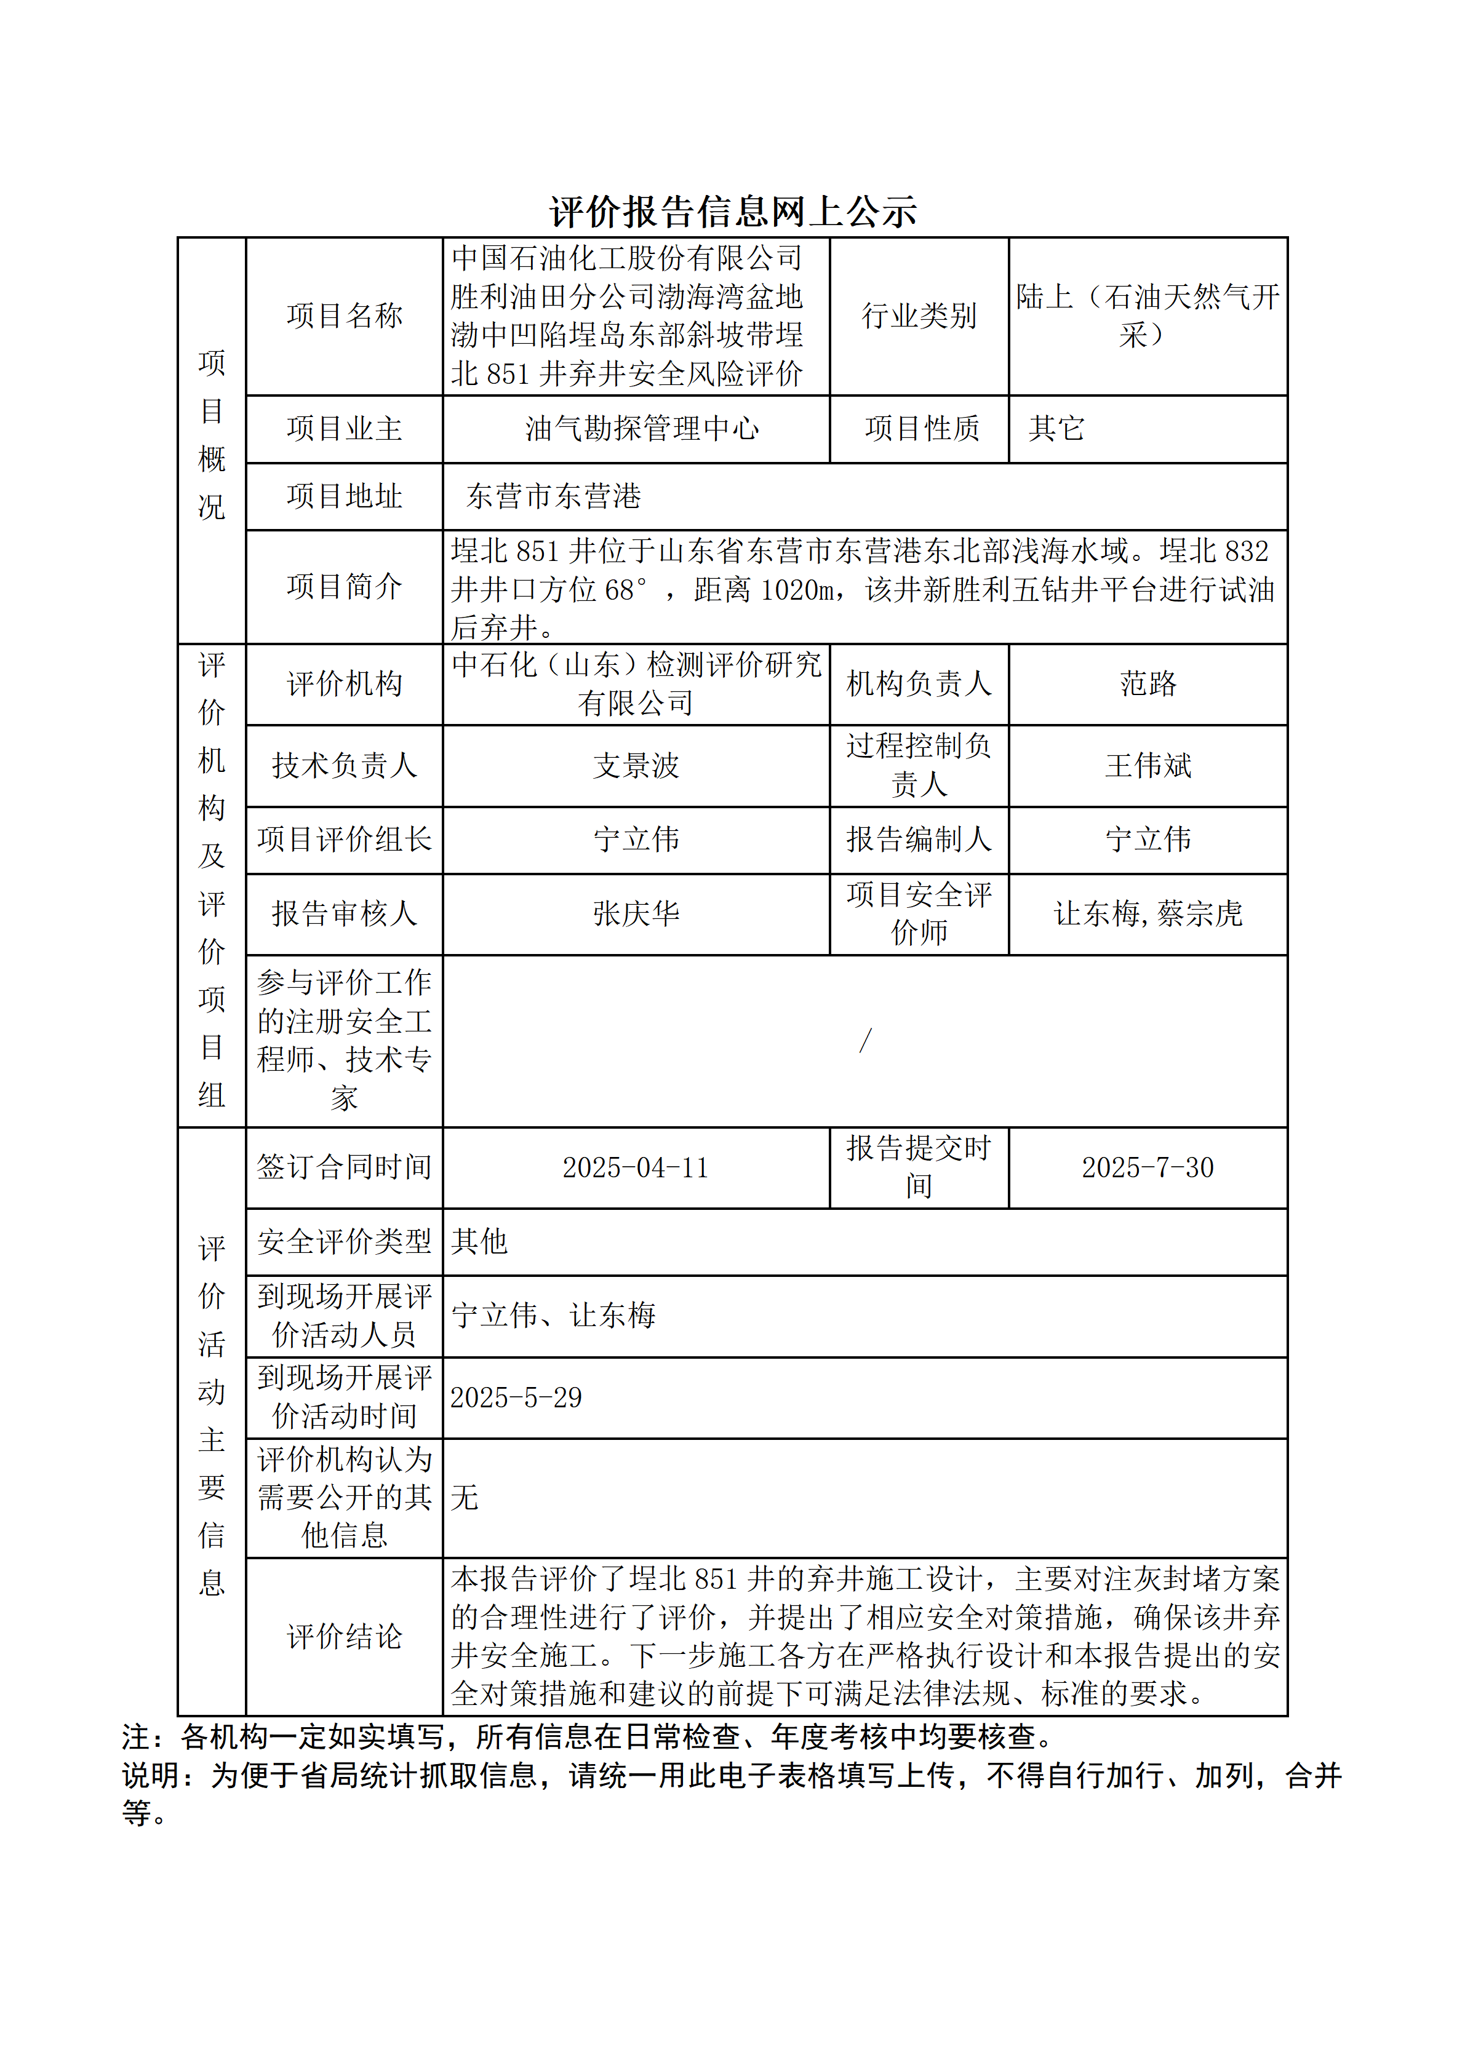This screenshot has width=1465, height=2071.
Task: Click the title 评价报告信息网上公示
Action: click(732, 212)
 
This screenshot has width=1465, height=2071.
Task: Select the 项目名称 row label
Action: click(344, 316)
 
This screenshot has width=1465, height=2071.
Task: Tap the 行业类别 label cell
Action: click(919, 316)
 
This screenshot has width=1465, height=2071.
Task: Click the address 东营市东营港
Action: click(553, 496)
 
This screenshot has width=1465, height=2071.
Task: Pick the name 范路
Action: click(1148, 684)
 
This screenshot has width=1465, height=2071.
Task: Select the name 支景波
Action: click(636, 766)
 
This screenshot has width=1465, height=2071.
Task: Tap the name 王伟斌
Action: click(1148, 766)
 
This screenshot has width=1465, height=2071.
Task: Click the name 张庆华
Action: click(636, 914)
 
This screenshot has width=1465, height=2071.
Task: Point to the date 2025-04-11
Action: click(636, 1168)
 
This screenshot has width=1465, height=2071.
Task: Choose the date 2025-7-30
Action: click(1148, 1168)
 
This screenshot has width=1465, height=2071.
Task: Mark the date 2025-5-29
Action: click(516, 1398)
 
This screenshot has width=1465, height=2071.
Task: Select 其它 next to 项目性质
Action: click(1056, 429)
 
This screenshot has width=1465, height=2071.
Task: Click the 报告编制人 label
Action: click(919, 840)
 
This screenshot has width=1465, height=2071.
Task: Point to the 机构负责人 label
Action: click(919, 684)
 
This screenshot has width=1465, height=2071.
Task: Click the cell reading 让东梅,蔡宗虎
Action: click(1148, 914)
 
